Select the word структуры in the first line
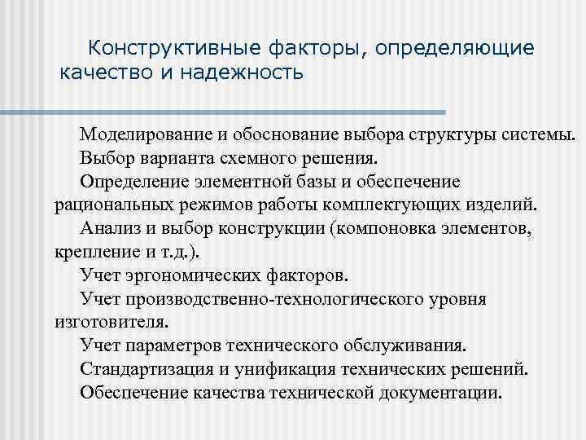[x=472, y=133]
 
